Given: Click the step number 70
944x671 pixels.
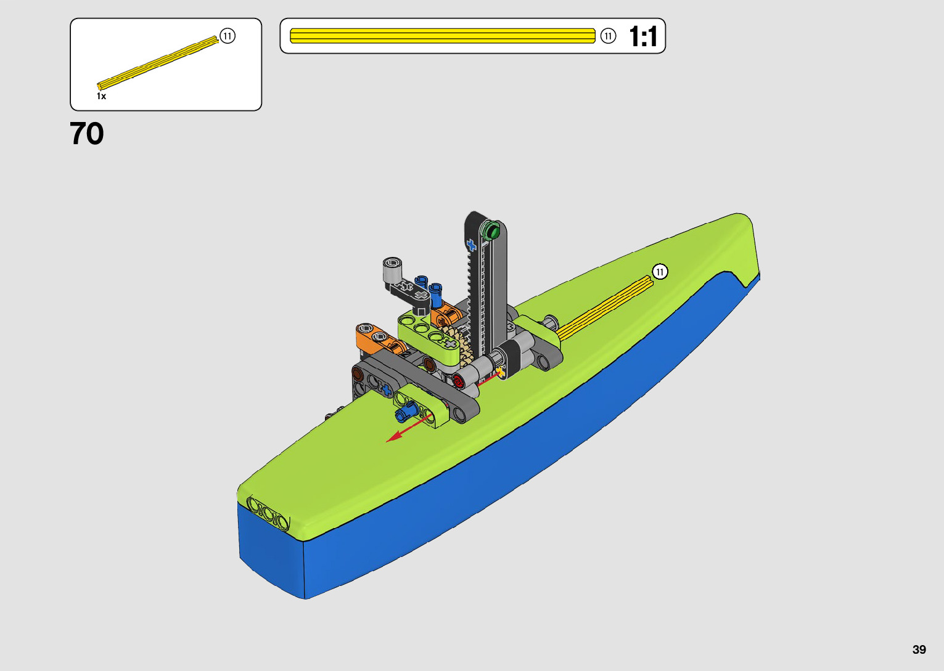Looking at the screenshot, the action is pyautogui.click(x=86, y=134).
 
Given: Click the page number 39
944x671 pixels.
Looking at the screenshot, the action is pyautogui.click(x=919, y=649).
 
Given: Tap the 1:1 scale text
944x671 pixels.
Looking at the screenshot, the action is pyautogui.click(x=643, y=36).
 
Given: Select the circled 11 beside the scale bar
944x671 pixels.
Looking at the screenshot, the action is pyautogui.click(x=608, y=36).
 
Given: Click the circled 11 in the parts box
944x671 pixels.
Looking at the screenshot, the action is pyautogui.click(x=228, y=36).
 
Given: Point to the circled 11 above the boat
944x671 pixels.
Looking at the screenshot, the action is pyautogui.click(x=660, y=272).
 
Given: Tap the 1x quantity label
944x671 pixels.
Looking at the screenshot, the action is pyautogui.click(x=101, y=96).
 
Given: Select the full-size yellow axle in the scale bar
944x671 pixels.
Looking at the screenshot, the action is pyautogui.click(x=443, y=36).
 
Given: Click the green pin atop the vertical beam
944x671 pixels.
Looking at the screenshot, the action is pyautogui.click(x=490, y=230).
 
